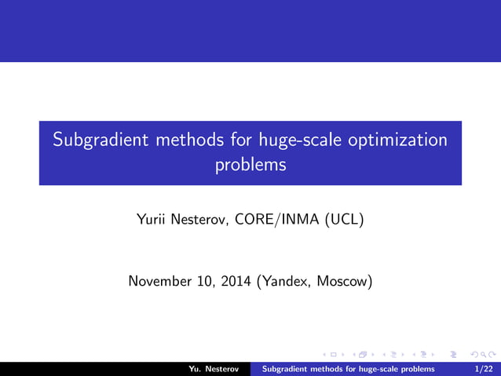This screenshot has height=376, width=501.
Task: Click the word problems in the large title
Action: (x=251, y=166)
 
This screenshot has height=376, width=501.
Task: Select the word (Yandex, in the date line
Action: (x=284, y=281)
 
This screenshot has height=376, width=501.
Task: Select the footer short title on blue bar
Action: (x=347, y=368)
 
